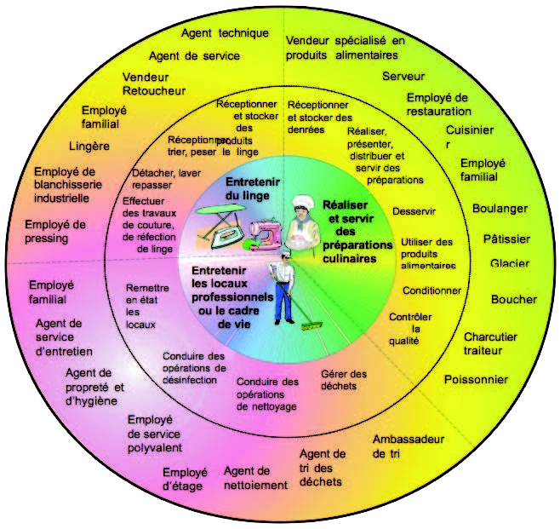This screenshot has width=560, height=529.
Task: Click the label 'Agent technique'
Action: click(225, 33)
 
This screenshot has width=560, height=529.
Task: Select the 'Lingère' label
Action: click(89, 146)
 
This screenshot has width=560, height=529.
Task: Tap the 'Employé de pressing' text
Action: click(55, 231)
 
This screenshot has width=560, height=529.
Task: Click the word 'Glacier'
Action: click(510, 263)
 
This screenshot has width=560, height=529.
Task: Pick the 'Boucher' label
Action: click(513, 299)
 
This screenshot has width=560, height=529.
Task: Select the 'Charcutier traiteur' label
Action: click(490, 343)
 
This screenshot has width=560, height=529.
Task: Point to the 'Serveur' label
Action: click(403, 76)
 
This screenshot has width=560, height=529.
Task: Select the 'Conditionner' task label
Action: click(431, 290)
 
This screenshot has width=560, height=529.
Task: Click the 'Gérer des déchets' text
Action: click(344, 380)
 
